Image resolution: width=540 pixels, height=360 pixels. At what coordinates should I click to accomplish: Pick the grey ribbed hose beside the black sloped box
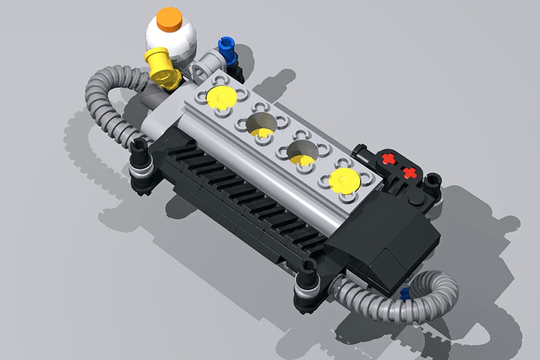(417, 300)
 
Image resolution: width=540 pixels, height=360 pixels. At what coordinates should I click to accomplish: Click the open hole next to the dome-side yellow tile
(262, 125)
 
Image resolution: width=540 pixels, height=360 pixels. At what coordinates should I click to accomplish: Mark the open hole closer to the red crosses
(303, 153)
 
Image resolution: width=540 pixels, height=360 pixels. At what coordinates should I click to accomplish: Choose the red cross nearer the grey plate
(389, 159)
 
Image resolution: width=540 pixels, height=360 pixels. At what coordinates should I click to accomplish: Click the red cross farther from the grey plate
(410, 173)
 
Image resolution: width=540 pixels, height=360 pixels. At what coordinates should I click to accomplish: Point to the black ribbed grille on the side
(241, 198)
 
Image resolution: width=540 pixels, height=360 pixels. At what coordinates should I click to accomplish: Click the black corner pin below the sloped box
(307, 278)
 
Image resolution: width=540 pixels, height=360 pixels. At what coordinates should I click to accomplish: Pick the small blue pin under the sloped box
(405, 293)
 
